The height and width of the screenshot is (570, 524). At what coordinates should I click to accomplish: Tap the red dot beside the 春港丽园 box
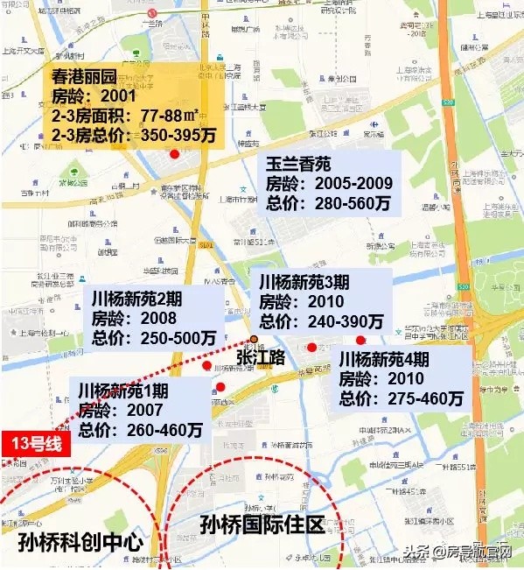[x=175, y=154]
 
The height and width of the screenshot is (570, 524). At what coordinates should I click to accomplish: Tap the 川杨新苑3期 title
[x=301, y=282]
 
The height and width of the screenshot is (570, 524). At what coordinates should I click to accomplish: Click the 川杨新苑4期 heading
[x=384, y=359]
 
